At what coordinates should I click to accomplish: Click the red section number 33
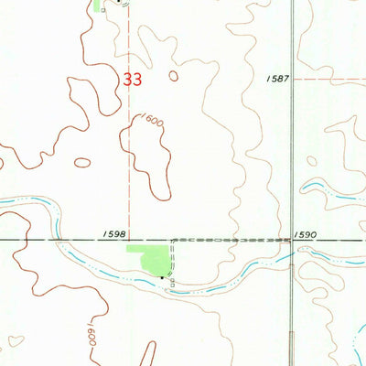[x=132, y=81]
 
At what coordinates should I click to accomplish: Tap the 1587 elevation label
[x=278, y=80]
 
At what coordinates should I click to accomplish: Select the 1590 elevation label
[x=306, y=235]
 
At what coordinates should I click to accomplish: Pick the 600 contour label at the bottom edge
[x=90, y=331]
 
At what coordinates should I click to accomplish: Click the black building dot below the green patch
[x=162, y=274]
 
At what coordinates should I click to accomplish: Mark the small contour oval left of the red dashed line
[x=82, y=163]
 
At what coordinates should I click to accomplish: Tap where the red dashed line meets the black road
[x=128, y=241]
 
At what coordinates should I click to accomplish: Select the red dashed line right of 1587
[x=329, y=80]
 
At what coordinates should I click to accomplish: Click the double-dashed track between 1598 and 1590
[x=229, y=240]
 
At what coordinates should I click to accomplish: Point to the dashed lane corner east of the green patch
[x=170, y=241]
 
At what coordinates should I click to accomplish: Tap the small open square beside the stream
[x=171, y=283]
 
